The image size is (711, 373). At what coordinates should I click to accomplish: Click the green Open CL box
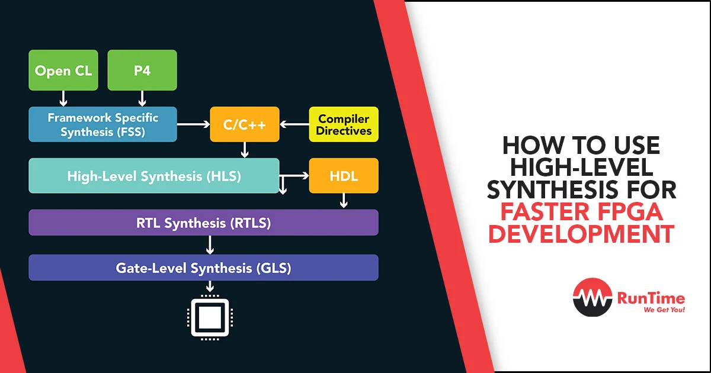coord(63,70)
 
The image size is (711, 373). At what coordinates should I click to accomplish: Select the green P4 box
coord(142,70)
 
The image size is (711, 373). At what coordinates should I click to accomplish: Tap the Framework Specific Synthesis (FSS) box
coord(103,124)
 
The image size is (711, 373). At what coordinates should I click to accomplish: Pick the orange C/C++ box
coord(245,124)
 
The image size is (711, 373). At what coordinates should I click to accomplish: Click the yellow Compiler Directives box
coord(344,124)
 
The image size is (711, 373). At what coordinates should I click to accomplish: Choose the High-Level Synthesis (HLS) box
coord(154,176)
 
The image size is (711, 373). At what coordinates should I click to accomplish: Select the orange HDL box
coord(344,176)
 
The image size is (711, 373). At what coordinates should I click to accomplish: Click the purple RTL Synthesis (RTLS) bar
coord(203,223)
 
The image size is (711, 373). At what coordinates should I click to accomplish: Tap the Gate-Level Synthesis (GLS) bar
coord(203,268)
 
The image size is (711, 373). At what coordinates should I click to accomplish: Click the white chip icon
coord(210,318)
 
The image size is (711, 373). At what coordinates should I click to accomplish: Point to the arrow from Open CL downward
coord(63,99)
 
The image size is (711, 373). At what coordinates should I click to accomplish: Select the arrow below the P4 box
coord(142,99)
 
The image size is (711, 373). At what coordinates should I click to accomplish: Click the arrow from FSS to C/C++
coord(193,124)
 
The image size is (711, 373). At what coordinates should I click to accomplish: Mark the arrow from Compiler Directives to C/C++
coord(294,124)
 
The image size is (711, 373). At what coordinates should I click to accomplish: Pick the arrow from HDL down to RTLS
coord(344,201)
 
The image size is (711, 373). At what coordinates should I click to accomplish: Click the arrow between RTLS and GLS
coord(210,245)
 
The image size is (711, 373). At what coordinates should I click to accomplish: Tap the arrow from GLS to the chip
coord(210,287)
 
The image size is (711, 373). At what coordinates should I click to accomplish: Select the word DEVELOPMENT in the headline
coord(581,234)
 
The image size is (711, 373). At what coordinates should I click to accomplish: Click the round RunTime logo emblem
coord(592,297)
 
